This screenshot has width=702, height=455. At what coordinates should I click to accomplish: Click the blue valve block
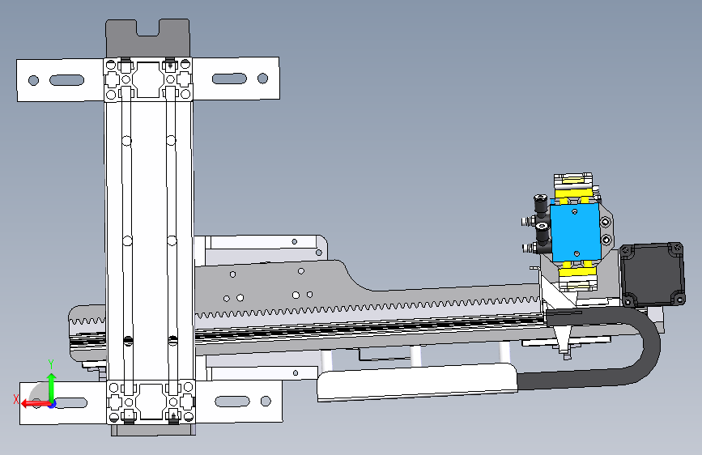[575, 232]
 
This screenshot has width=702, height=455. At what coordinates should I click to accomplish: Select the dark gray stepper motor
[653, 274]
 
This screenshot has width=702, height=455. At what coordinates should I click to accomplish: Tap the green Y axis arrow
[52, 387]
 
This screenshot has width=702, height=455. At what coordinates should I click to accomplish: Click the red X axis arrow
[36, 403]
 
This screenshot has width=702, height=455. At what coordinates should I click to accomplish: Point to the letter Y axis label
[51, 364]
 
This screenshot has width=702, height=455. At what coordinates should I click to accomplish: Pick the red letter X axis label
[16, 399]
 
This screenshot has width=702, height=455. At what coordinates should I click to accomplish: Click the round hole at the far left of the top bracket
[33, 80]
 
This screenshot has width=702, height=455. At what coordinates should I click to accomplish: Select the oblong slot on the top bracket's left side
[66, 80]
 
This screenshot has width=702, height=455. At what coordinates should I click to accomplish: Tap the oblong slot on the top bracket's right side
[229, 79]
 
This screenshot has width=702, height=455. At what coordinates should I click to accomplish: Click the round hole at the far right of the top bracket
[263, 79]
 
